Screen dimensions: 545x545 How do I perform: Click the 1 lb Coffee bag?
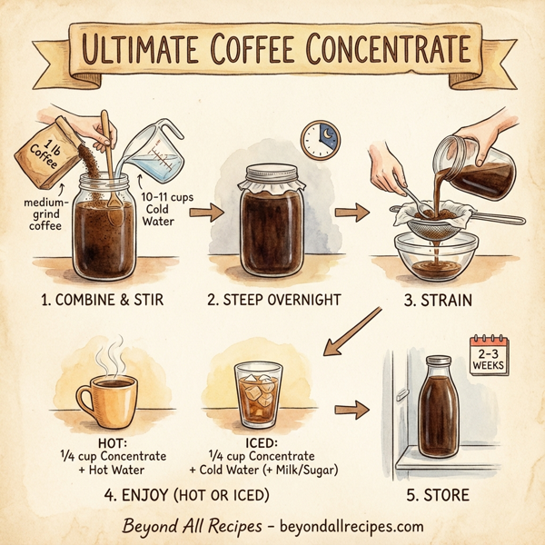[x=45, y=149]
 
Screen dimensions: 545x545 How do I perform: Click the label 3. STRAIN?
[x=440, y=300]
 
